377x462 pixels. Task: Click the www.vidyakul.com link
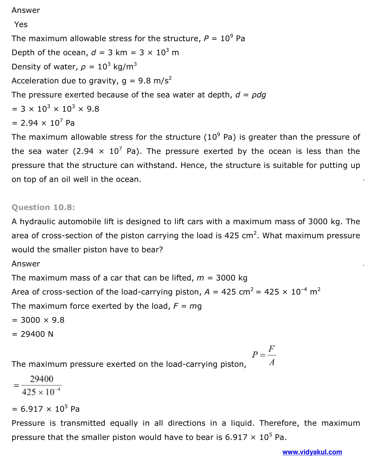[x=312, y=452]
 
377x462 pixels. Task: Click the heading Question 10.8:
[x=43, y=207]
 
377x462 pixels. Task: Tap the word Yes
[x=21, y=24]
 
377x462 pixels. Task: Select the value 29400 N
[x=37, y=334]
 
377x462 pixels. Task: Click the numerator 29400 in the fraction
[x=42, y=379]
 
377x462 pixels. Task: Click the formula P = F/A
[x=264, y=355]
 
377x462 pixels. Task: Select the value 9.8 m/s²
[x=155, y=81]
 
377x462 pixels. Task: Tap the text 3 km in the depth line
[x=117, y=53]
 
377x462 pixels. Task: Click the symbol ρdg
[x=259, y=95]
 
